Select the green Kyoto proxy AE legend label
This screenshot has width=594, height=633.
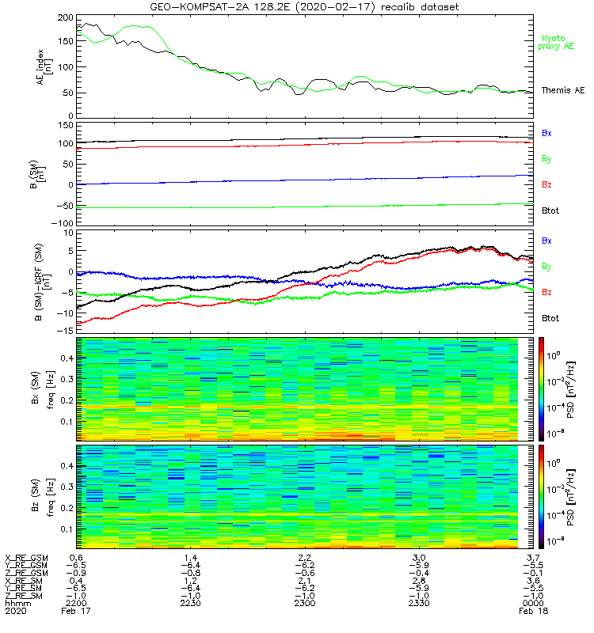[x=558, y=42]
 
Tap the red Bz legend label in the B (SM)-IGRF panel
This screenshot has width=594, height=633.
[x=546, y=292]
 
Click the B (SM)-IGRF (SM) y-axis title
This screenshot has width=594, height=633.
[x=35, y=282]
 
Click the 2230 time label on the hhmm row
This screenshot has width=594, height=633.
[x=190, y=604]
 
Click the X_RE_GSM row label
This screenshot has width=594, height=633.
[x=26, y=558]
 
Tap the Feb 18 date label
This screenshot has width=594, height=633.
[x=531, y=612]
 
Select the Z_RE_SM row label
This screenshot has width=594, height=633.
[x=25, y=596]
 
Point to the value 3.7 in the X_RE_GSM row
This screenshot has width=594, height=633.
[x=531, y=558]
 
